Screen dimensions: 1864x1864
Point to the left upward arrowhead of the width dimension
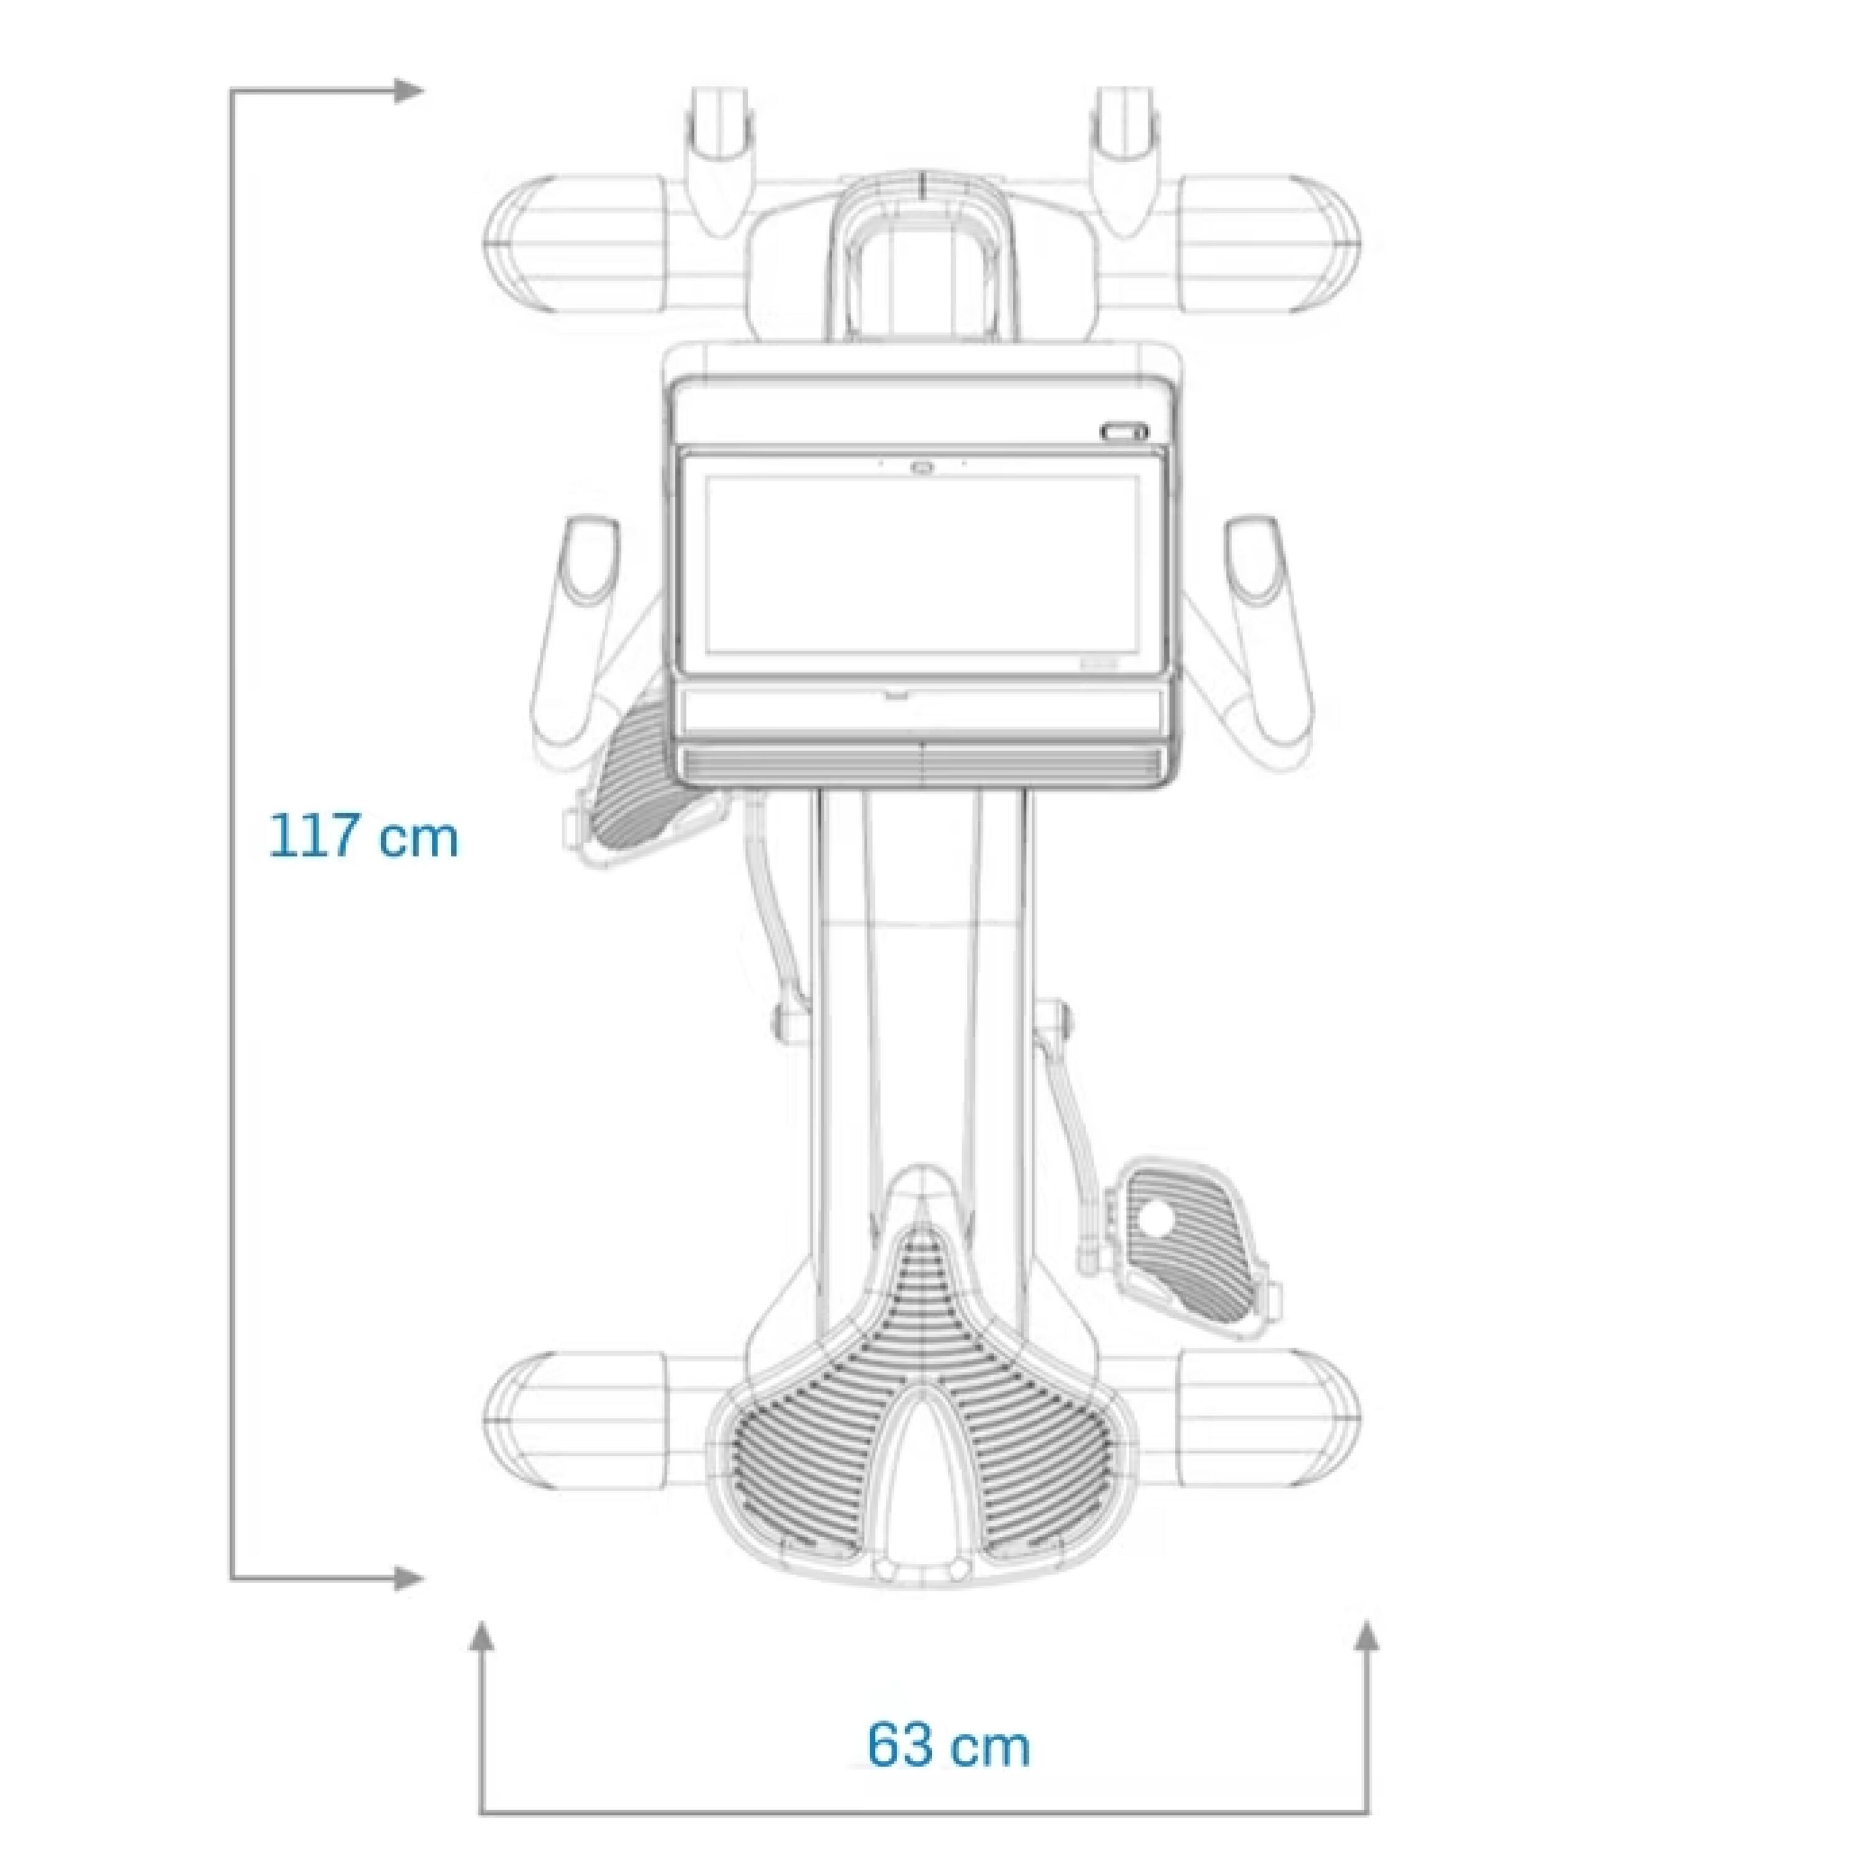pos(482,1635)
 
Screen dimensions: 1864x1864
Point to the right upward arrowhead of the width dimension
pos(1367,1635)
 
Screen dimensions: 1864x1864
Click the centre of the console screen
pos(922,564)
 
